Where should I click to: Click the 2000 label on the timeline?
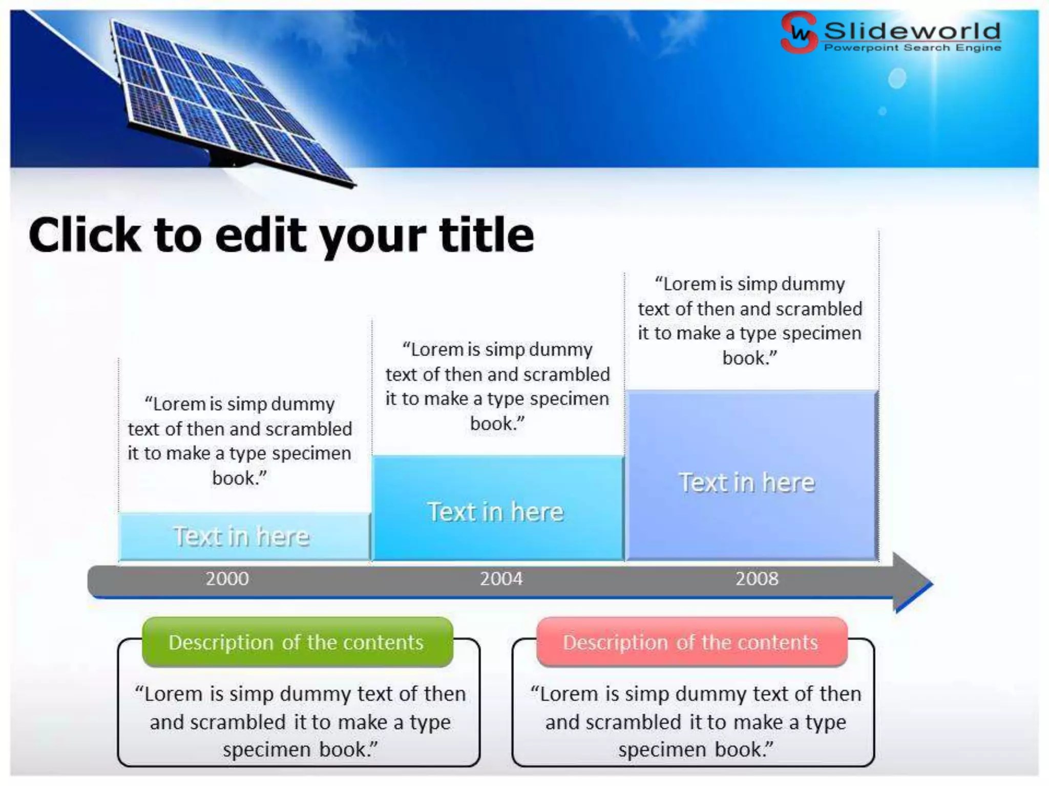click(x=227, y=579)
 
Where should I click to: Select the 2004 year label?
click(x=501, y=579)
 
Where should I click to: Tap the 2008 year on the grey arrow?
click(x=757, y=579)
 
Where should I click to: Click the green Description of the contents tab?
click(x=297, y=642)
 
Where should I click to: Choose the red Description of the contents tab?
click(x=691, y=642)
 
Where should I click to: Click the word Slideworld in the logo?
click(x=912, y=31)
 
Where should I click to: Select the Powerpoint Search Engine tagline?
click(x=912, y=48)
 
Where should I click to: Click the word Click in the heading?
click(x=85, y=235)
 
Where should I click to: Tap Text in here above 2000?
click(x=242, y=537)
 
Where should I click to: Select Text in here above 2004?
click(x=496, y=512)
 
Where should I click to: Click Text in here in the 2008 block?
click(x=747, y=483)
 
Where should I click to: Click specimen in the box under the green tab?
click(x=266, y=750)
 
